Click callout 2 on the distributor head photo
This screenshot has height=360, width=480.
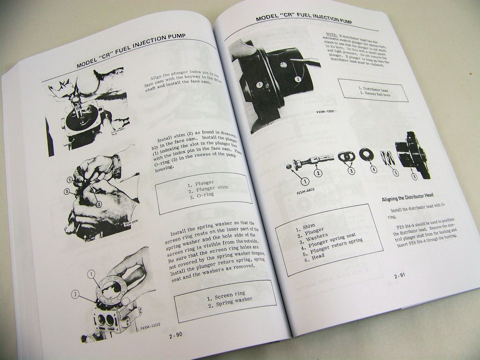[x=297, y=78]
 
